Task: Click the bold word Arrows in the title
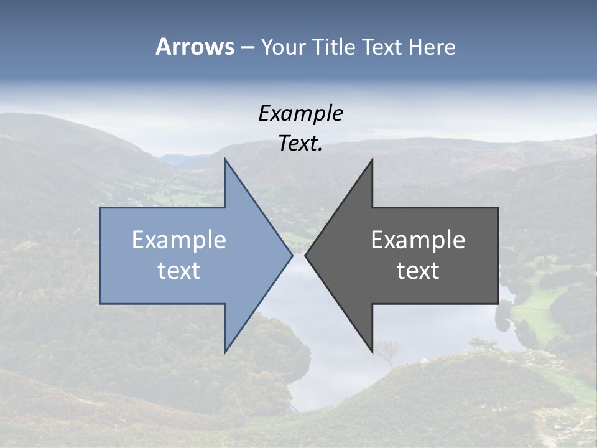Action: click(195, 47)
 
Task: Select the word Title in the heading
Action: click(334, 47)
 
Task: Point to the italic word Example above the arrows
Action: click(300, 113)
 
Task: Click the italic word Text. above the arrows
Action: click(300, 143)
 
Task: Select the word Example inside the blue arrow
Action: click(179, 240)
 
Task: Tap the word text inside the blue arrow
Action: click(179, 271)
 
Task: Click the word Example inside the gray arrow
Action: click(418, 240)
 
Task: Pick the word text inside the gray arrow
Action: click(418, 271)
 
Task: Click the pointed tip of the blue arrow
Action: click(292, 255)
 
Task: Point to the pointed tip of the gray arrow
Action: click(306, 255)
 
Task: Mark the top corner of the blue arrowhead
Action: click(225, 160)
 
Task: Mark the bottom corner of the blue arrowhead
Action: click(225, 352)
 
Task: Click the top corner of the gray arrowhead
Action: click(372, 160)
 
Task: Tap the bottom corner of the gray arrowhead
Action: click(372, 352)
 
